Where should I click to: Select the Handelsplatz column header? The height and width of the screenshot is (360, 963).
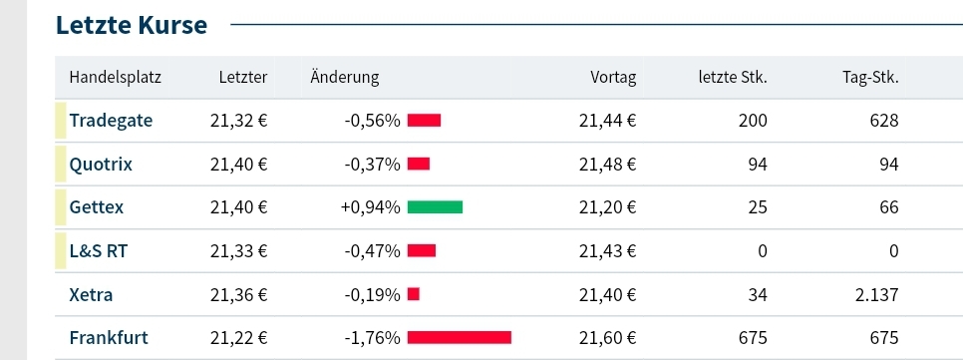point(116,78)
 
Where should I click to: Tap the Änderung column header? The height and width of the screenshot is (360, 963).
point(345,78)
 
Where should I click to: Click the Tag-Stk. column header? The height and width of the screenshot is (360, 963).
point(870,78)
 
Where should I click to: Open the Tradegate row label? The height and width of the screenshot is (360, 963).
point(111,121)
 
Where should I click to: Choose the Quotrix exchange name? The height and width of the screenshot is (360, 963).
point(101,164)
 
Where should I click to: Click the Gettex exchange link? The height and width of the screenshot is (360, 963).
point(97,207)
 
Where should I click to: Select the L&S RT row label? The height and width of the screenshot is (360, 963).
point(98,251)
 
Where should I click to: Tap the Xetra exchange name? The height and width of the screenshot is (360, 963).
point(91,294)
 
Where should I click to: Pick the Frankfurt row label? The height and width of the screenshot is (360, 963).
point(110,338)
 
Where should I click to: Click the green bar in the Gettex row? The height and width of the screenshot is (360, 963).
point(435,207)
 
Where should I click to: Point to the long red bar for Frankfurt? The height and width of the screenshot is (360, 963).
point(459,338)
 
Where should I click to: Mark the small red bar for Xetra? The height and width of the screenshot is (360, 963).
point(414,294)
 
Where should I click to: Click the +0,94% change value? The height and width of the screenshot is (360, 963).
point(370,207)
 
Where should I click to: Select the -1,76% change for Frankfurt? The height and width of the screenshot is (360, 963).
point(372,338)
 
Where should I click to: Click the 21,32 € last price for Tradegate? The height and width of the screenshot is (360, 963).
point(239,121)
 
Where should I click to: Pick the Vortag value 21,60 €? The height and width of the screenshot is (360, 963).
point(607,338)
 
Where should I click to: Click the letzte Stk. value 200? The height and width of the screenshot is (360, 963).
point(753,121)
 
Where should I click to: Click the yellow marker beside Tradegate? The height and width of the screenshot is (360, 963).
point(60,121)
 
